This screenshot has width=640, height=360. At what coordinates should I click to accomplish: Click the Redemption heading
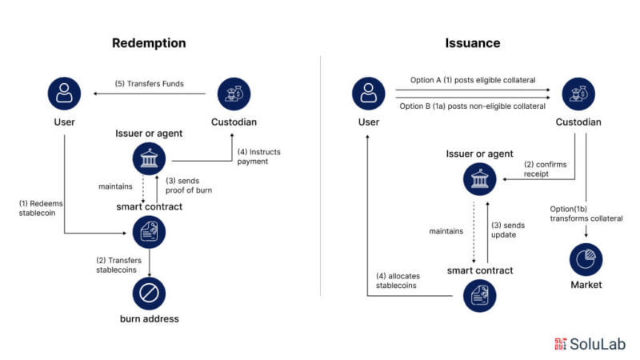click(x=149, y=43)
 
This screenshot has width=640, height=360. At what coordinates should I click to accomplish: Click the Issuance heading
click(x=472, y=43)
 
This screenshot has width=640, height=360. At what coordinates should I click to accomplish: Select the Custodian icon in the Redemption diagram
click(x=234, y=94)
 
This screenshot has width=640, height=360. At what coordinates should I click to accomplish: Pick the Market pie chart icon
click(x=586, y=259)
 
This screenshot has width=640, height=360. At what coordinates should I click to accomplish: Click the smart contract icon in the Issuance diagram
click(x=480, y=295)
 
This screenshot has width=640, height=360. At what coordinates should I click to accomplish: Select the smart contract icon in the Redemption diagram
click(x=150, y=232)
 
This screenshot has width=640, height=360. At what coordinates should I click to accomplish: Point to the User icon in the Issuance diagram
click(x=368, y=94)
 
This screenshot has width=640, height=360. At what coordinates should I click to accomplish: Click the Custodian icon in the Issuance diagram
click(x=578, y=94)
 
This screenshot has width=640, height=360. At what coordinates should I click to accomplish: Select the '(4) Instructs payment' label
click(x=258, y=155)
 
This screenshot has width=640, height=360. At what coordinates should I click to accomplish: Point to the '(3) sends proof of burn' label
click(x=191, y=185)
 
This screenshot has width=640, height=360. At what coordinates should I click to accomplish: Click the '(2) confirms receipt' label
click(x=546, y=170)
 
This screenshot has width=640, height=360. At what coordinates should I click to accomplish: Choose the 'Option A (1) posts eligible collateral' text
click(x=467, y=80)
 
